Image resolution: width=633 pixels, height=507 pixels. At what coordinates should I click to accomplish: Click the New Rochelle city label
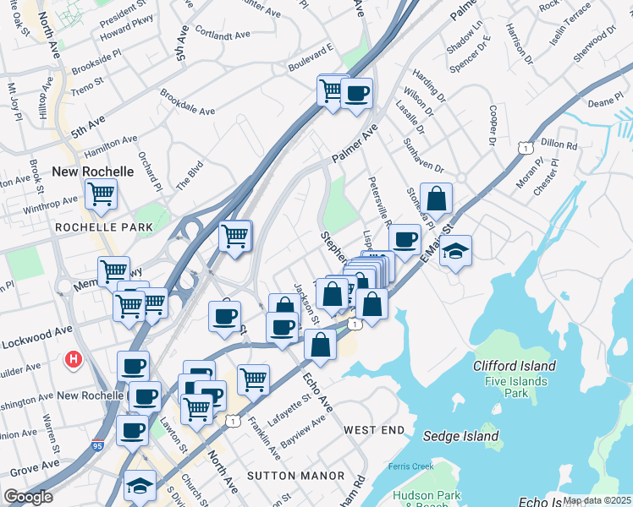point(93,172)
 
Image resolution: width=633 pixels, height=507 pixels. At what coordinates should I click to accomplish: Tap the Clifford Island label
point(515,366)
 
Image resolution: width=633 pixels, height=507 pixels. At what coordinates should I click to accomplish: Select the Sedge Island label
point(460,437)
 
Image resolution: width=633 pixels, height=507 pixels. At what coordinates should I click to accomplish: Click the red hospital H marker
point(74,360)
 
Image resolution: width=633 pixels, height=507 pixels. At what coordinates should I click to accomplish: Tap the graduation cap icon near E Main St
point(455,251)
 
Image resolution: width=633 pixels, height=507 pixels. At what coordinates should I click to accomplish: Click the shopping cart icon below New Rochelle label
point(101,194)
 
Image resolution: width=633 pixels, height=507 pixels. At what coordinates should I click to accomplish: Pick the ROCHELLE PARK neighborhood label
point(104,227)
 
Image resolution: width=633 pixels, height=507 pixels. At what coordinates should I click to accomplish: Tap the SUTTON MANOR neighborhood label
point(283,476)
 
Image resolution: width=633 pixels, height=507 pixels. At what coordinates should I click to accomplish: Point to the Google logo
point(28,497)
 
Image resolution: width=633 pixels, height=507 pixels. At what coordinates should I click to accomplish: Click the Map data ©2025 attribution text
point(597,500)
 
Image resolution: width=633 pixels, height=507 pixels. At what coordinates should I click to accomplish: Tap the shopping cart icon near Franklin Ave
point(253,379)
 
